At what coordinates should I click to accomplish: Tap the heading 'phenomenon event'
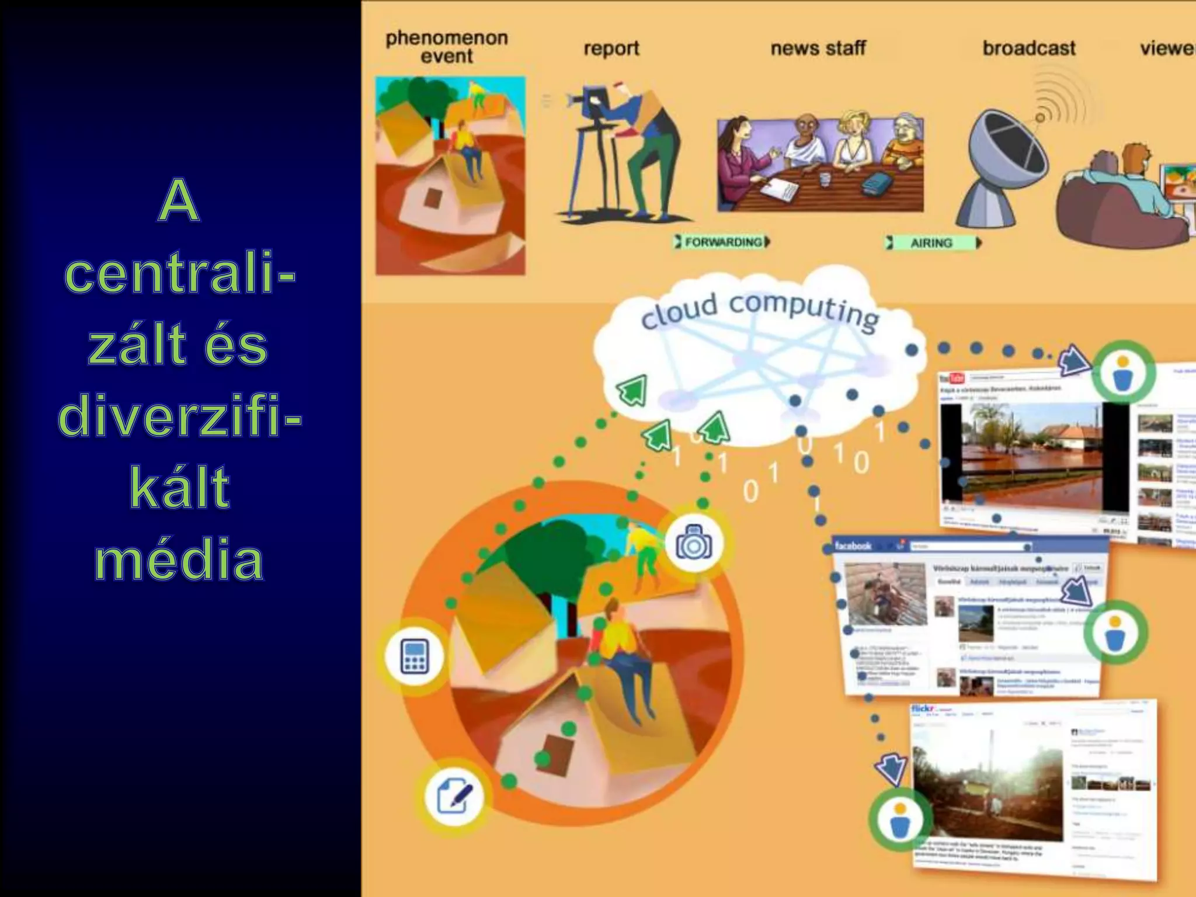pos(447,47)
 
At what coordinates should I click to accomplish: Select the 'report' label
pos(611,48)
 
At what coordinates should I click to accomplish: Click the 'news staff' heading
pos(818,48)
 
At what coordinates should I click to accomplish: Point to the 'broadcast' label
pos(1028,48)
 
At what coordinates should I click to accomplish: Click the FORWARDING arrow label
pos(723,242)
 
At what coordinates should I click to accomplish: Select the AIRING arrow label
pos(932,243)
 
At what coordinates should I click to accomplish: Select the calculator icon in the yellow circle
pos(415,656)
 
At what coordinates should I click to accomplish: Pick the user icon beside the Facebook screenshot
pos(1114,633)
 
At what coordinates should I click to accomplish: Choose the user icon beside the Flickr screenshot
pos(899,820)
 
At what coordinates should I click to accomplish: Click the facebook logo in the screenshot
pos(853,546)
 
